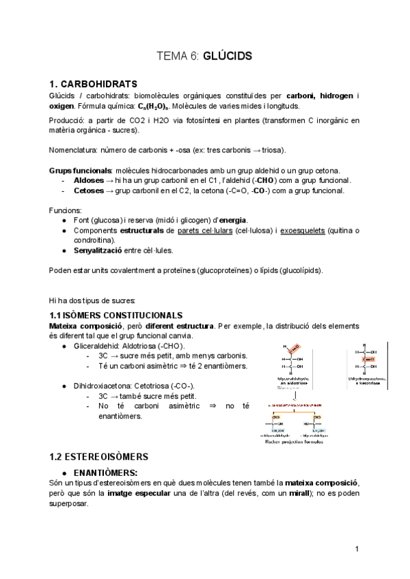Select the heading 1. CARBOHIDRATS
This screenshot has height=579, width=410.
pyautogui.click(x=94, y=83)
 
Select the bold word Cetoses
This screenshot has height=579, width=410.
pyautogui.click(x=89, y=190)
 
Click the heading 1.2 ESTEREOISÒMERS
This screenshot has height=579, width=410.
pyautogui.click(x=99, y=455)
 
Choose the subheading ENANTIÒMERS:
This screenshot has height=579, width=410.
pyautogui.click(x=105, y=472)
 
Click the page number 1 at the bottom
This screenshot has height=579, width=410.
pyautogui.click(x=357, y=550)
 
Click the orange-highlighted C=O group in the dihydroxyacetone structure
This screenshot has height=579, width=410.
pyautogui.click(x=368, y=358)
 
